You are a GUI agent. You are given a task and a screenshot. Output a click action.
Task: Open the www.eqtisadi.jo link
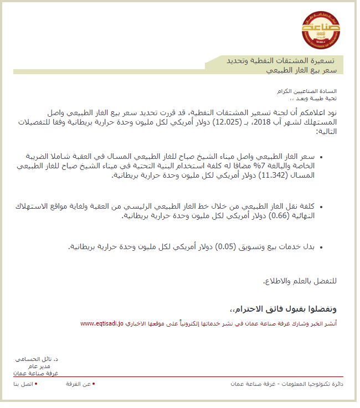point(103,323)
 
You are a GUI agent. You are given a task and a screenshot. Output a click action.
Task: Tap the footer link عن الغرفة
point(78,384)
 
